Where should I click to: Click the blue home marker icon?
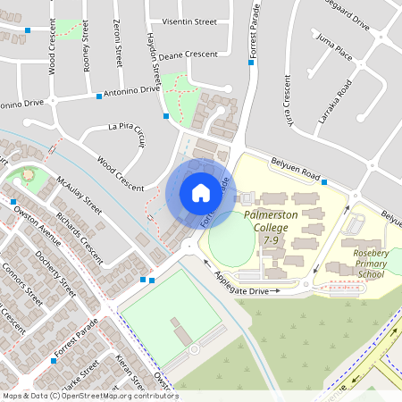200,192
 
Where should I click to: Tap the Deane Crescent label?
188,54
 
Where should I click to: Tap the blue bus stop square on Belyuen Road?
324,182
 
